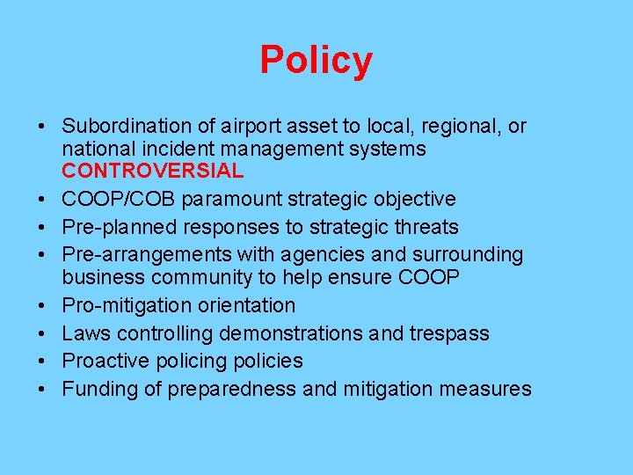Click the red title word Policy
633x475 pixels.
pyautogui.click(x=316, y=61)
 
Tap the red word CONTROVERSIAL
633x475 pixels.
pyautogui.click(x=152, y=170)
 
